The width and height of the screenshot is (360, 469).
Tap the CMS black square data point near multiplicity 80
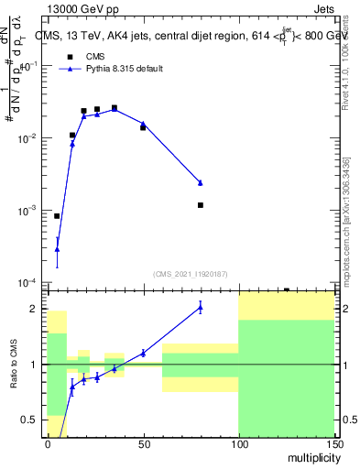[200, 205]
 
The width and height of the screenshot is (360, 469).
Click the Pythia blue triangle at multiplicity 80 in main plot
[200, 182]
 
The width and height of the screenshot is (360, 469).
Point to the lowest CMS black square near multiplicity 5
[57, 216]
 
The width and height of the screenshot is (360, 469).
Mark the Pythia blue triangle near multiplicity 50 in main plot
[143, 124]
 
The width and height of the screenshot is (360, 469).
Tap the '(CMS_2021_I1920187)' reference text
[190, 273]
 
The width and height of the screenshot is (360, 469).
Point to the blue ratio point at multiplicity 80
[200, 308]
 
